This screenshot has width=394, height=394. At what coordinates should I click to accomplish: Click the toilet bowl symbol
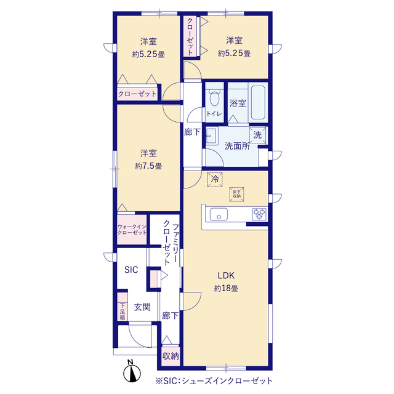coord(214,97)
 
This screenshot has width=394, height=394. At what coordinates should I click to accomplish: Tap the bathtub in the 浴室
coord(258,103)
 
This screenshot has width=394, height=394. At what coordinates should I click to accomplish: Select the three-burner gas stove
coord(259,214)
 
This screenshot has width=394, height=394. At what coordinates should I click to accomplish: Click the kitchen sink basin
coord(219,214)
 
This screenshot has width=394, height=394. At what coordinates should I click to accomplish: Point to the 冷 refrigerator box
coord(215,179)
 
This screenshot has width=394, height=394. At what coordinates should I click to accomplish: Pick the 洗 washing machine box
coord(257,135)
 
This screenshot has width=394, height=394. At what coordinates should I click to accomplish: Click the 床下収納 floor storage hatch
coord(236,195)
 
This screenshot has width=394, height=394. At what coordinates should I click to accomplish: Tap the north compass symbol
coord(132,372)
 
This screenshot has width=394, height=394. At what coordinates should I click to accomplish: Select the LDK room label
coord(226,276)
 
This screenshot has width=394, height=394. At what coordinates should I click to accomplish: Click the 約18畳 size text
coord(226,288)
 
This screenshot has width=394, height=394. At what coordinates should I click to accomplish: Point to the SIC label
coord(131,270)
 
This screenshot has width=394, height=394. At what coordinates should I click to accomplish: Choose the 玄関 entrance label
coord(142,307)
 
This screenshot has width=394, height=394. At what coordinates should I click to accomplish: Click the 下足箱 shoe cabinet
coord(123,312)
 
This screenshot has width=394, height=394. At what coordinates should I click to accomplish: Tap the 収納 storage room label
coord(171,356)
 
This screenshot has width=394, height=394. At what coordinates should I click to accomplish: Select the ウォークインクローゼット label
coord(132,230)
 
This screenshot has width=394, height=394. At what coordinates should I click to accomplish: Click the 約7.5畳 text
coord(148,166)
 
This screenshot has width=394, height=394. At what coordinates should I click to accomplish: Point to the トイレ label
coord(214,114)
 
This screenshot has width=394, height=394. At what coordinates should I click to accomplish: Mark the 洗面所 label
coord(237,146)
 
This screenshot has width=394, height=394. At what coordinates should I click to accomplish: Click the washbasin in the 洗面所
coord(212,135)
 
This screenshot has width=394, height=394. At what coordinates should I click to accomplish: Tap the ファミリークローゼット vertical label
coord(171,243)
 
